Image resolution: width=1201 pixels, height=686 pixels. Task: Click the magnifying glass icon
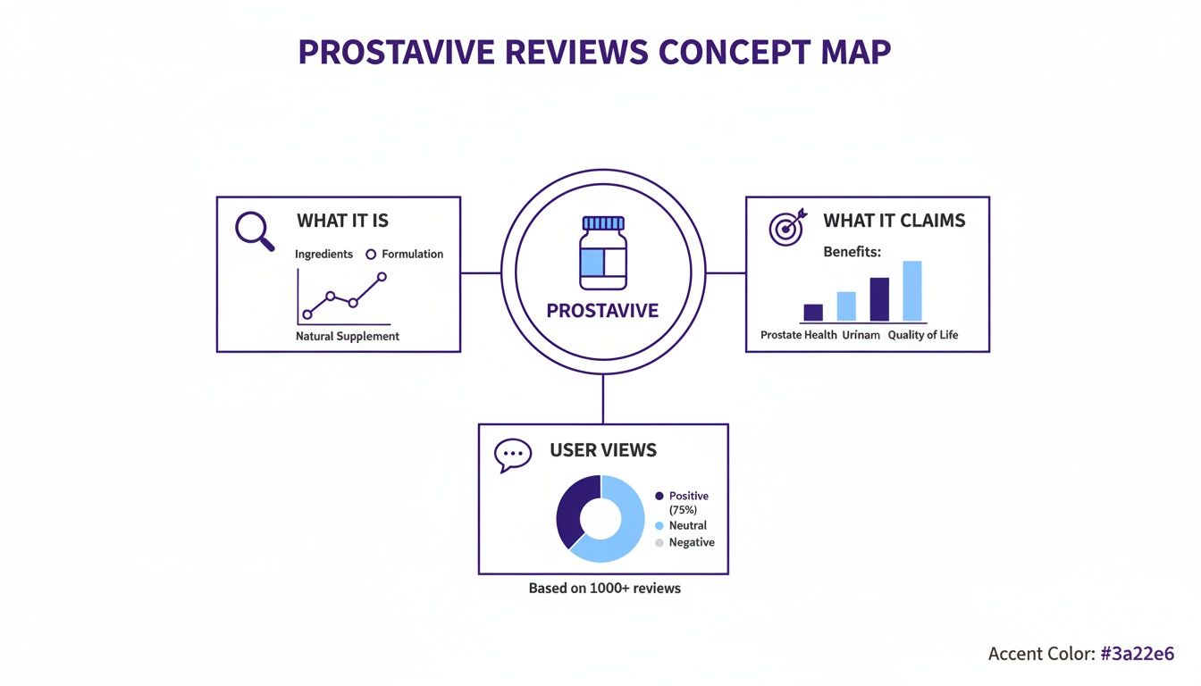click(253, 230)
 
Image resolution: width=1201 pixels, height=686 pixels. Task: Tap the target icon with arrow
click(786, 227)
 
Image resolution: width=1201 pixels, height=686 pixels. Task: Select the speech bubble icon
click(512, 455)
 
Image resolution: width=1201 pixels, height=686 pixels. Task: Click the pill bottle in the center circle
click(603, 253)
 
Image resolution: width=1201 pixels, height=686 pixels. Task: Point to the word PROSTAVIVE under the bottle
click(602, 311)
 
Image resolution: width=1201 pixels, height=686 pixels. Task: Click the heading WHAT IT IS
click(342, 221)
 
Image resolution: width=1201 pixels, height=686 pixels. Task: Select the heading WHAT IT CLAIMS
click(894, 221)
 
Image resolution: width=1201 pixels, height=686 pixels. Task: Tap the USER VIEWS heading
click(603, 450)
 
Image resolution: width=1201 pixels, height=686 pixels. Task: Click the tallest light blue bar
click(911, 291)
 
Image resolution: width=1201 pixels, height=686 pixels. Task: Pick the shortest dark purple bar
click(813, 313)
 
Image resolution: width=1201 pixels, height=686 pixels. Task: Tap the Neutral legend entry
click(687, 525)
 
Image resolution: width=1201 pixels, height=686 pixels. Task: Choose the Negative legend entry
click(691, 542)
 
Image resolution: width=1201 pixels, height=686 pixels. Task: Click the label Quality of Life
click(922, 335)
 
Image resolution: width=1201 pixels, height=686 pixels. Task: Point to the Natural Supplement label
click(348, 337)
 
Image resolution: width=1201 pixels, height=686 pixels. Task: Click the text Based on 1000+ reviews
click(604, 589)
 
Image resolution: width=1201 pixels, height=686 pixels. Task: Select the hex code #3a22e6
click(1137, 654)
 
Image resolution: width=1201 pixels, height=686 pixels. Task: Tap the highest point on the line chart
click(382, 277)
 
